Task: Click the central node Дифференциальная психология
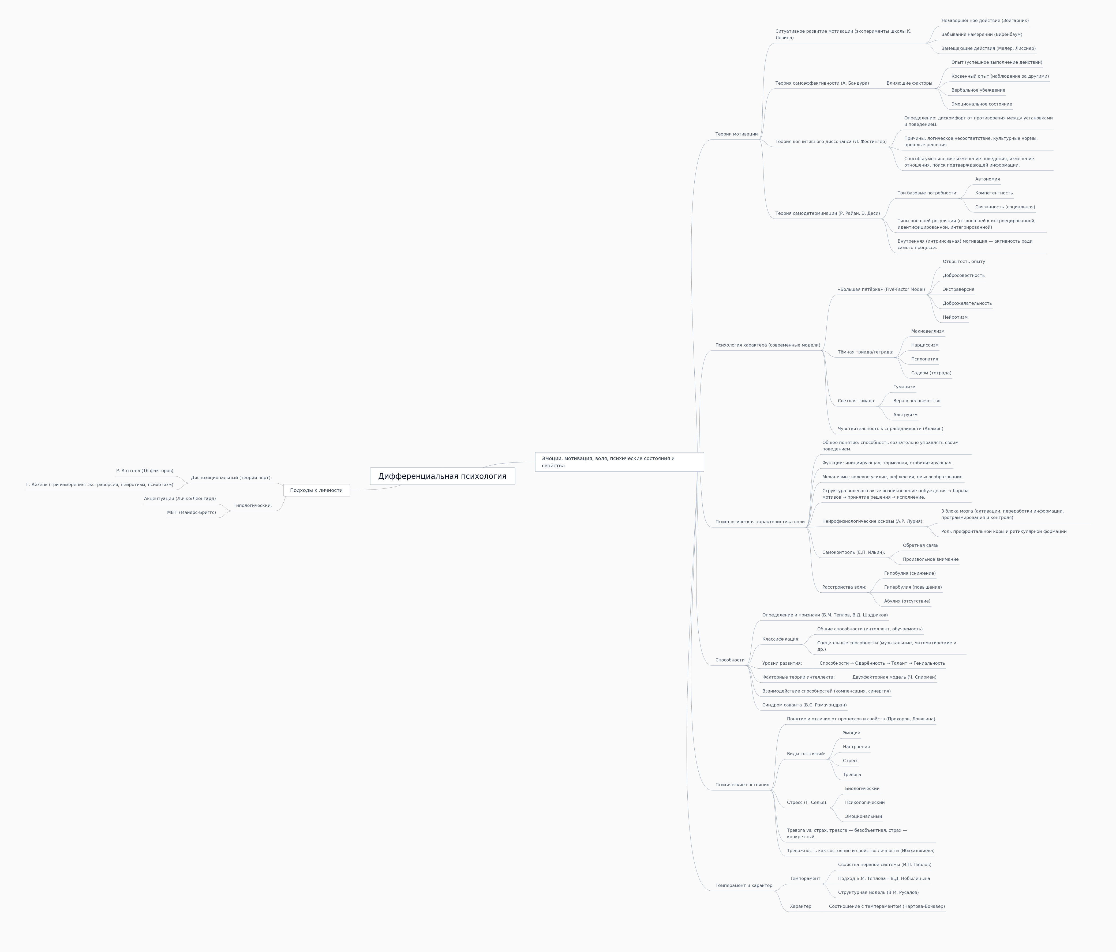[x=442, y=476]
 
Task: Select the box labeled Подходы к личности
[x=316, y=490]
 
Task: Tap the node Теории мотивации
[x=736, y=134]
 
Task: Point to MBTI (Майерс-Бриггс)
[x=191, y=513]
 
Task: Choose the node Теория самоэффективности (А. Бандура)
[x=822, y=84]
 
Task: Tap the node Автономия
[x=987, y=179]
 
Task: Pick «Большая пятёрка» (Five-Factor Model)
[x=881, y=290]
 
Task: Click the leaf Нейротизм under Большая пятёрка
[x=955, y=317]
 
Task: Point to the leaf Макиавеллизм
[x=927, y=331]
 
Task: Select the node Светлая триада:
[x=856, y=401]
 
